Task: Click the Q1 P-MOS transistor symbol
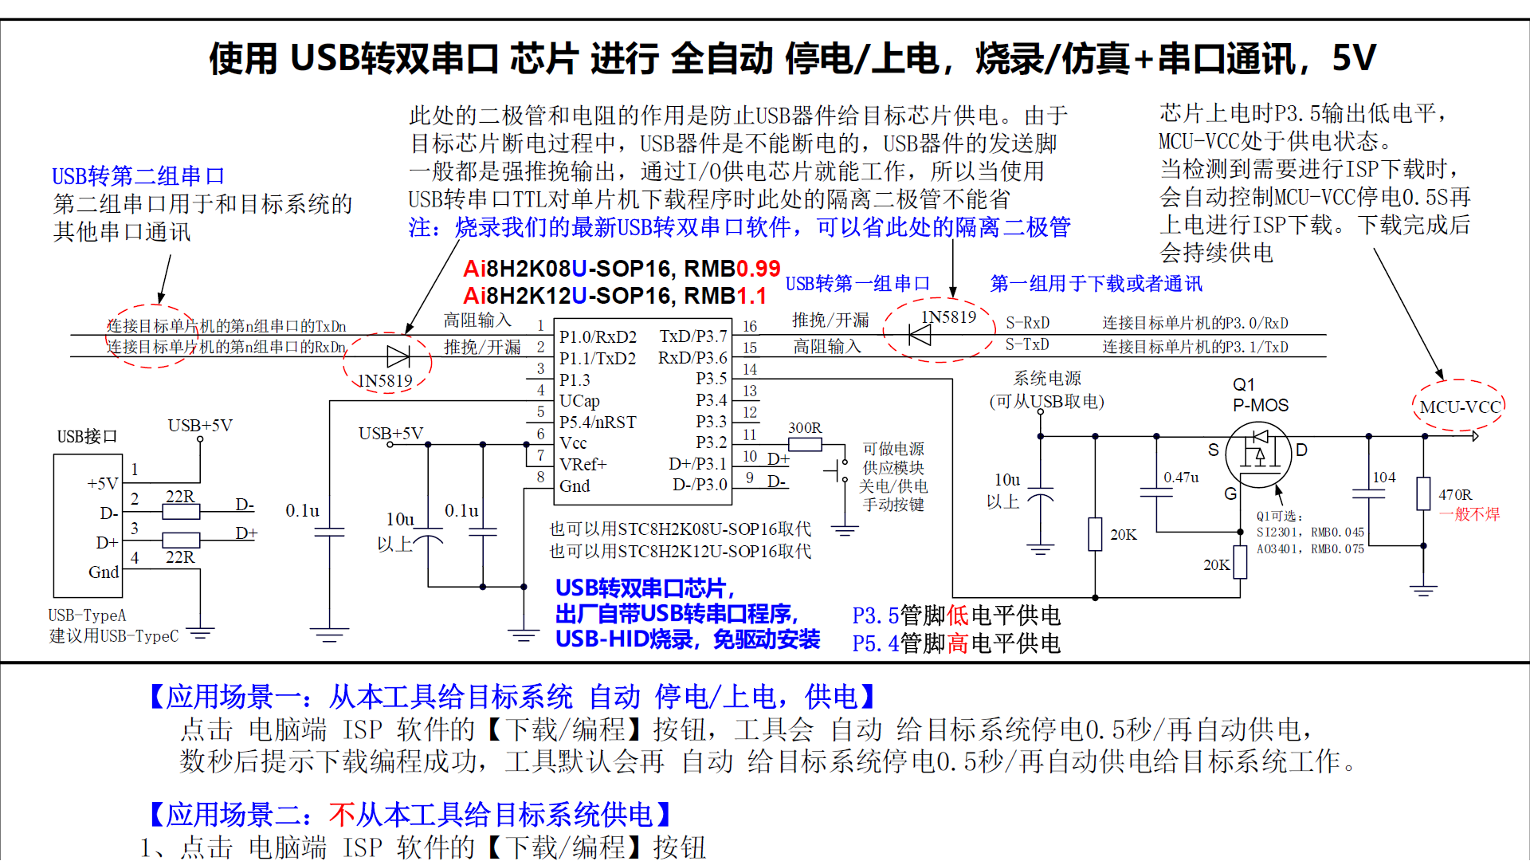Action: (1258, 454)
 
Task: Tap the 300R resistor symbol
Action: (805, 444)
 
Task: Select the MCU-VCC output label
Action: (1460, 407)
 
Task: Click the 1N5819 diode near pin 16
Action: (920, 336)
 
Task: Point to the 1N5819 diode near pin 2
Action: (398, 356)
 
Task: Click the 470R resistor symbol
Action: (1423, 494)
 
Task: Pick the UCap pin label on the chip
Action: (579, 401)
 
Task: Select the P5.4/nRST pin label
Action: (598, 423)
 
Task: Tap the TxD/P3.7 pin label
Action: (692, 336)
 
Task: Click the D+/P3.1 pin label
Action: (697, 464)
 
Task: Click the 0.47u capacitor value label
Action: (1181, 478)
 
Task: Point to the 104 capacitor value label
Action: (1384, 478)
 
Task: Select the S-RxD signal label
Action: (1027, 323)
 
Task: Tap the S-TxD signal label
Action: (1027, 344)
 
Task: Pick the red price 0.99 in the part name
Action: (758, 269)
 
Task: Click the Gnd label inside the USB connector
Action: (104, 572)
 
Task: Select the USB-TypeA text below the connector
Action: (87, 615)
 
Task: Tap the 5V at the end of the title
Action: (1354, 58)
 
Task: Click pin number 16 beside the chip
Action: (750, 326)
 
